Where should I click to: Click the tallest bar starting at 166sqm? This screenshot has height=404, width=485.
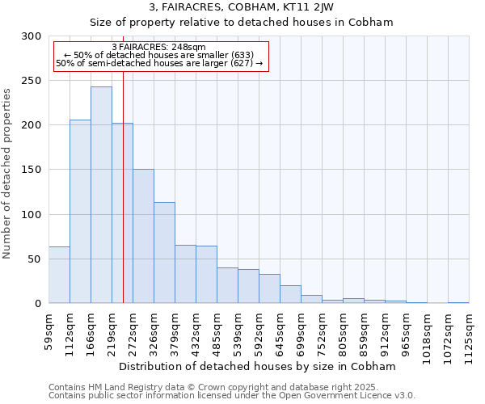(x=101, y=195)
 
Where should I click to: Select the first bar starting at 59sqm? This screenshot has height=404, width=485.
(x=59, y=275)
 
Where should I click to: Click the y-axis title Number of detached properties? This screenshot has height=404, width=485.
(x=7, y=174)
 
